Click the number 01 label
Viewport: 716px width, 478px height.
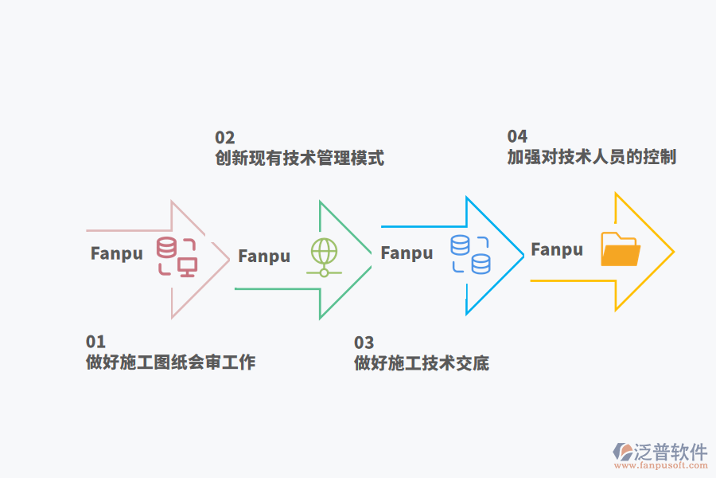(x=95, y=342)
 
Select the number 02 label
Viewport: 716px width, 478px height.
(x=224, y=137)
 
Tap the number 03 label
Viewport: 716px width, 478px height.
(x=364, y=343)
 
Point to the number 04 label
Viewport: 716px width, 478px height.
(x=517, y=136)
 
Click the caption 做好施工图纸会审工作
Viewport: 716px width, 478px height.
(x=170, y=362)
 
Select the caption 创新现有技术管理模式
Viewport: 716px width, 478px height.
(x=299, y=158)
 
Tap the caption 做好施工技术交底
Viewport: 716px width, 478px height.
(x=421, y=363)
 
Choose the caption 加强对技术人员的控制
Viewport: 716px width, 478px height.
(x=591, y=157)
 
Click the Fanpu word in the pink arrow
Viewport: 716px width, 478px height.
(x=117, y=253)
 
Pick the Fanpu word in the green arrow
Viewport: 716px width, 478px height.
(x=264, y=257)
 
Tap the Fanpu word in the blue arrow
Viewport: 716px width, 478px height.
(x=407, y=253)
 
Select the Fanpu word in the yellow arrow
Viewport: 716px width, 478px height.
(x=557, y=250)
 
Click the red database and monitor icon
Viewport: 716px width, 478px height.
(x=177, y=256)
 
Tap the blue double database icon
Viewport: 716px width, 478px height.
(x=470, y=254)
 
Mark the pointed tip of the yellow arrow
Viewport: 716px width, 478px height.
(x=673, y=252)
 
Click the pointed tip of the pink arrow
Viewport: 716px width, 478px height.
(x=229, y=256)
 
